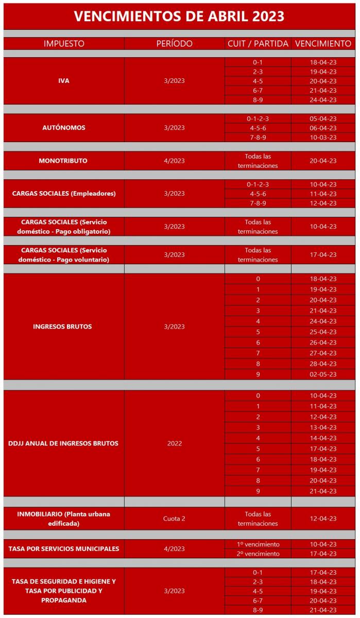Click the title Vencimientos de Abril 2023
pyautogui.click(x=179, y=16)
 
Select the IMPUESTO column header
pyautogui.click(x=64, y=44)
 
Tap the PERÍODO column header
pyautogui.click(x=174, y=44)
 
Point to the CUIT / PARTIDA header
pyautogui.click(x=258, y=44)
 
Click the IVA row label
pyautogui.click(x=64, y=81)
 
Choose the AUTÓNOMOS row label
pyautogui.click(x=64, y=128)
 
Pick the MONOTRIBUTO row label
pyautogui.click(x=64, y=161)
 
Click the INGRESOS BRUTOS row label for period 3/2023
pyautogui.click(x=64, y=327)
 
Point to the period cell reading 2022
pyautogui.click(x=174, y=443)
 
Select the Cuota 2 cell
pyautogui.click(x=174, y=519)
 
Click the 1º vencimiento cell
pyautogui.click(x=258, y=544)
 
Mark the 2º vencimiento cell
pyautogui.click(x=258, y=554)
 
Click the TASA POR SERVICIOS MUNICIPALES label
pyautogui.click(x=64, y=549)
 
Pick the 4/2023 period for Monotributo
pyautogui.click(x=174, y=161)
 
